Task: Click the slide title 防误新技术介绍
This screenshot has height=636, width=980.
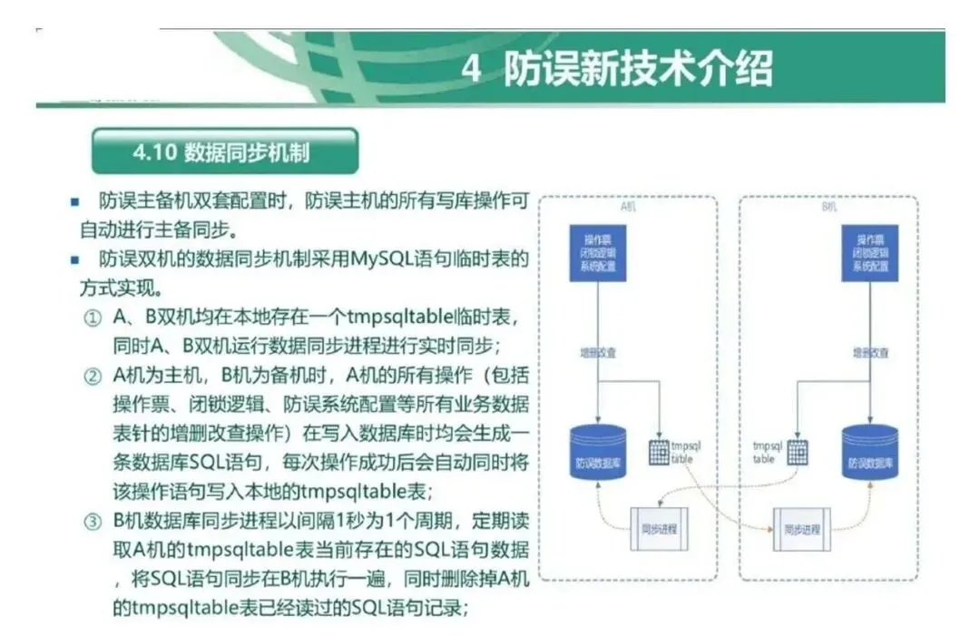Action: coord(639,69)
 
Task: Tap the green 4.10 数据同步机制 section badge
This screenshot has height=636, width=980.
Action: coord(224,152)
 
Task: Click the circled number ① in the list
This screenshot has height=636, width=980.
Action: coord(93,319)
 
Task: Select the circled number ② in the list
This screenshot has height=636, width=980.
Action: coord(93,377)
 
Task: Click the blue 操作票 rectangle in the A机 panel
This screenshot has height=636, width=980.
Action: coord(597,253)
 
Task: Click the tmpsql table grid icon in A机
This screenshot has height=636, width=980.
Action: coord(659,451)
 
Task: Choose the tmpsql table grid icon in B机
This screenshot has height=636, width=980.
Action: coord(798,451)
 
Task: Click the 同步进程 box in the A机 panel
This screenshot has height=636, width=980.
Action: coord(659,528)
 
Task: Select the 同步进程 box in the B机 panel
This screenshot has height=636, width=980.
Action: coord(800,528)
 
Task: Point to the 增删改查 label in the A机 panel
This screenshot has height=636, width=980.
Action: coord(597,353)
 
